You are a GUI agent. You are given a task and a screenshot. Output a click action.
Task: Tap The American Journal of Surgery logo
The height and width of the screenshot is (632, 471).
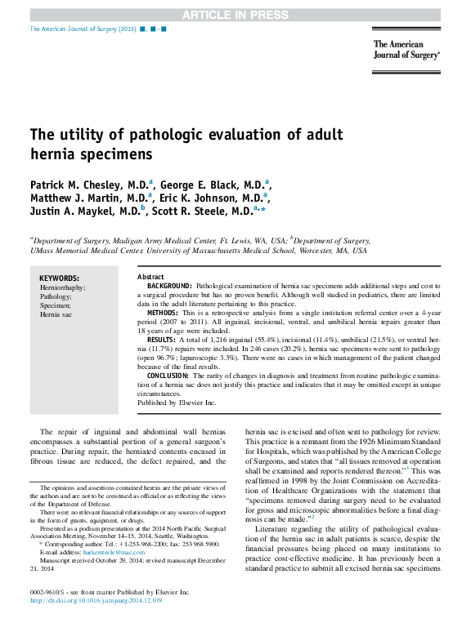point(406,51)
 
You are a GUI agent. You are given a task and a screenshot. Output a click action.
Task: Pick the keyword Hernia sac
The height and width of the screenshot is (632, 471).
point(56,314)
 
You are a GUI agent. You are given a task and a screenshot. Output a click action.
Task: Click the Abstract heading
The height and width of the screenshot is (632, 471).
point(150,278)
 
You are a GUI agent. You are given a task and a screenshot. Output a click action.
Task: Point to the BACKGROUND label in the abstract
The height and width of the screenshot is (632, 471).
point(170,287)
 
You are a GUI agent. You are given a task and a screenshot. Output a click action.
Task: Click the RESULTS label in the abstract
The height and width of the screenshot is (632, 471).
point(161,339)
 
